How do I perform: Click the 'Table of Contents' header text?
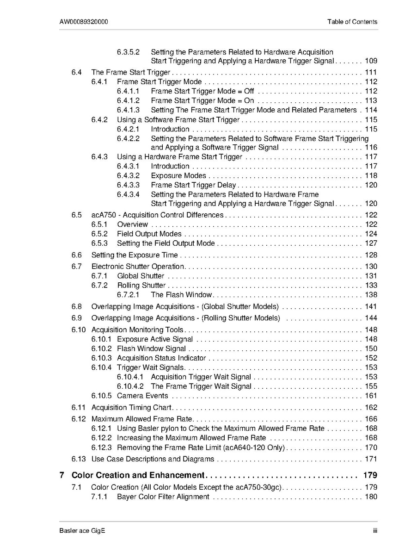coord(352,22)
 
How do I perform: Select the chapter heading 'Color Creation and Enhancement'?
coord(138,475)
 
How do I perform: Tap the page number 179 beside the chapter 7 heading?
coord(370,475)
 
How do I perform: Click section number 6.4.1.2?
coord(128,100)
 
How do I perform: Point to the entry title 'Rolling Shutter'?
coord(141,286)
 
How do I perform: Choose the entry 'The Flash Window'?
coord(181,295)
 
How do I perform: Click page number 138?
coord(371,295)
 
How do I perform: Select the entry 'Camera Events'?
coord(142,396)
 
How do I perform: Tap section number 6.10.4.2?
coord(130,386)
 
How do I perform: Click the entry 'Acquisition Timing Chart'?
coord(131,408)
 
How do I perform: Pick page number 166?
coord(371,419)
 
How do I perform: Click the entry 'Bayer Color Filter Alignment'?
coord(163,497)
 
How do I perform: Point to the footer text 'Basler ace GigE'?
coord(82,530)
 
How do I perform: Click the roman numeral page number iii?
coord(375,530)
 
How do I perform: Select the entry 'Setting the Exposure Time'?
coord(134,255)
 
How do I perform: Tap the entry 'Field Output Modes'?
coord(149,234)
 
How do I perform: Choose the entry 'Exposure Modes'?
coord(178,176)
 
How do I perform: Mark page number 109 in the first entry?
coord(371,61)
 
